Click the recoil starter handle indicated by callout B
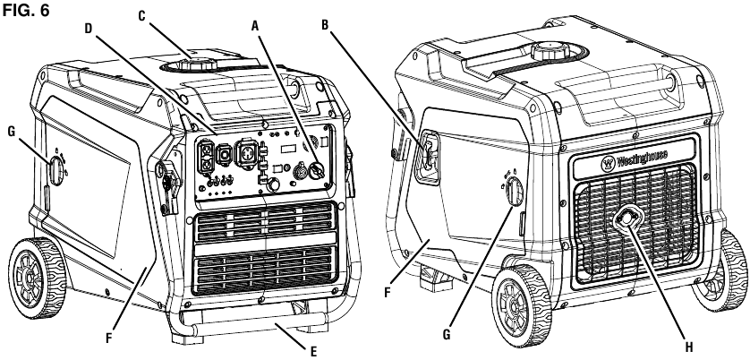click(429, 154)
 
